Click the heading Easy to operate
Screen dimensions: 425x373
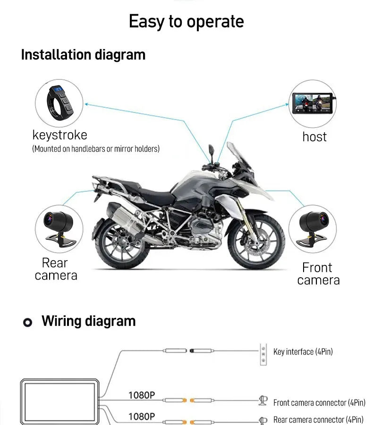(x=186, y=22)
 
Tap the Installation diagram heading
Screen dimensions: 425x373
(x=83, y=55)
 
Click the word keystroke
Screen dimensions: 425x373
(x=59, y=135)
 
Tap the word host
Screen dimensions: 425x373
(x=314, y=137)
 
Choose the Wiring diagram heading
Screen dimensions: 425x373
(x=88, y=321)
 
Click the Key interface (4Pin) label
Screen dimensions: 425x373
(x=303, y=352)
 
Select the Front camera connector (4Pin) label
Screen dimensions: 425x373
(x=319, y=403)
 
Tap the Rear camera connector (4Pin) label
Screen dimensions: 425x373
(x=318, y=420)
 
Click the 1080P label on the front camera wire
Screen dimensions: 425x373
(x=142, y=395)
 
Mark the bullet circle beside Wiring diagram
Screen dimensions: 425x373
(x=28, y=323)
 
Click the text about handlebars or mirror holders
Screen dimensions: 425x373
(x=96, y=149)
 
